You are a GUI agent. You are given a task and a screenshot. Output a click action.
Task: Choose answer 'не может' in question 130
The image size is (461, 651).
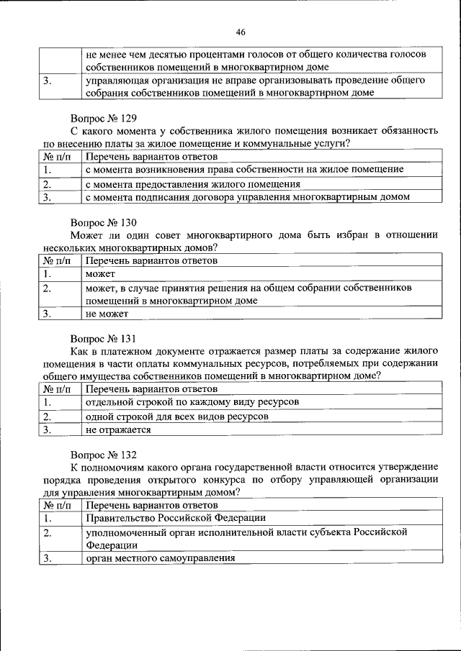pyautogui.click(x=107, y=314)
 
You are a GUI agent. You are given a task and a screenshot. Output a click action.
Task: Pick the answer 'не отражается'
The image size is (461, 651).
pyautogui.click(x=118, y=429)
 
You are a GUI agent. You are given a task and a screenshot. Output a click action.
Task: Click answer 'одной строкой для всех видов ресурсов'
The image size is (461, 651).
pyautogui.click(x=177, y=416)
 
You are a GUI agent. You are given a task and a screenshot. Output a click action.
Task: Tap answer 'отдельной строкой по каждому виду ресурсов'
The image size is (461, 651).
pyautogui.click(x=192, y=402)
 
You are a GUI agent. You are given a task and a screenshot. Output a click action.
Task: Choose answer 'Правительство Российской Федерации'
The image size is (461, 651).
pyautogui.click(x=176, y=518)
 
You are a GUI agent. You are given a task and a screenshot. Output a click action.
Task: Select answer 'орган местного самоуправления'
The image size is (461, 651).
pyautogui.click(x=161, y=558)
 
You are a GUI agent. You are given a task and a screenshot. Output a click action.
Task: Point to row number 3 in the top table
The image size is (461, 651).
pyautogui.click(x=48, y=81)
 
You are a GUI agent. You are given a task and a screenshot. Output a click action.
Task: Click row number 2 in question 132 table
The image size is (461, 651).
pyautogui.click(x=48, y=533)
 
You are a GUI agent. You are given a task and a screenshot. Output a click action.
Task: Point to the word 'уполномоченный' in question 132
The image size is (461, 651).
pyautogui.click(x=125, y=532)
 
